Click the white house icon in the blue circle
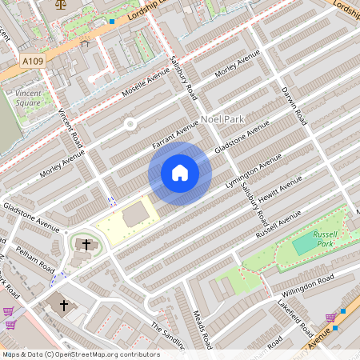point(180,173)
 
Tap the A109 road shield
point(33,61)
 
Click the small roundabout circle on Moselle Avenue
point(130,123)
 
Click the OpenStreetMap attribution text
point(80,354)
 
